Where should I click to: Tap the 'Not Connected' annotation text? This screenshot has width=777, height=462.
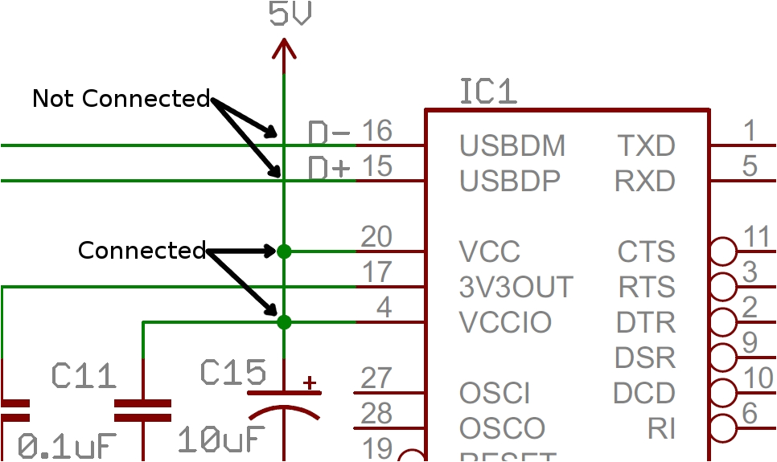point(121,99)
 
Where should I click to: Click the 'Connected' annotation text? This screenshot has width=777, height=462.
point(142,251)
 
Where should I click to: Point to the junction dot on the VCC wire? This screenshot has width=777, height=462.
point(284,251)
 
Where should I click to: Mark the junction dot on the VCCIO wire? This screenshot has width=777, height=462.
point(284,322)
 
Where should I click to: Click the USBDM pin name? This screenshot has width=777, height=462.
point(512,146)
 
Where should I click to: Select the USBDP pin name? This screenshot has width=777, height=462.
point(510,182)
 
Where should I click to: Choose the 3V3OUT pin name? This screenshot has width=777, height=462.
point(516,287)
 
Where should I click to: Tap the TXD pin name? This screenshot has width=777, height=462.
point(646,146)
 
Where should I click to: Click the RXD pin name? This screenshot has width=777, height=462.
point(645,182)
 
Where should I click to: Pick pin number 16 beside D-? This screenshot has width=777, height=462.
point(376,130)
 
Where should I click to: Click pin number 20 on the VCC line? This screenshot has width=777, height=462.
point(376,237)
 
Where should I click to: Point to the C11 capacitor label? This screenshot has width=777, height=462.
point(84,374)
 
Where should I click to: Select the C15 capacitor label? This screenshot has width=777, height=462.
point(233,373)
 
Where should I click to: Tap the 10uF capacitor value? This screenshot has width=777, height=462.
point(220,440)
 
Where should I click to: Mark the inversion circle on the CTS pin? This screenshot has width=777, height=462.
point(724,251)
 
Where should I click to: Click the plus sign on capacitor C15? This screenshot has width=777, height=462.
point(308,382)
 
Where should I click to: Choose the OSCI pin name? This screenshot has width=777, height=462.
point(495,394)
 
